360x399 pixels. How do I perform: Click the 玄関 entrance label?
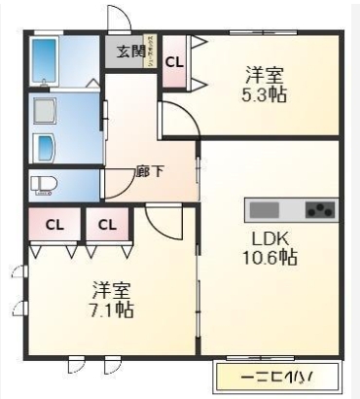click(130, 52)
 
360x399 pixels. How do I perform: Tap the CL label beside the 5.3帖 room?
click(174, 61)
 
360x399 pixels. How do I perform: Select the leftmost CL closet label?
click(54, 226)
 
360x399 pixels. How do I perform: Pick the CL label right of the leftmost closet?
click(107, 226)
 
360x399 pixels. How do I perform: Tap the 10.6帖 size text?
click(270, 259)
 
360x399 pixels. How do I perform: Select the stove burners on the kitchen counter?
click(319, 208)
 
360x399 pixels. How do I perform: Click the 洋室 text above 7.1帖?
click(112, 291)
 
